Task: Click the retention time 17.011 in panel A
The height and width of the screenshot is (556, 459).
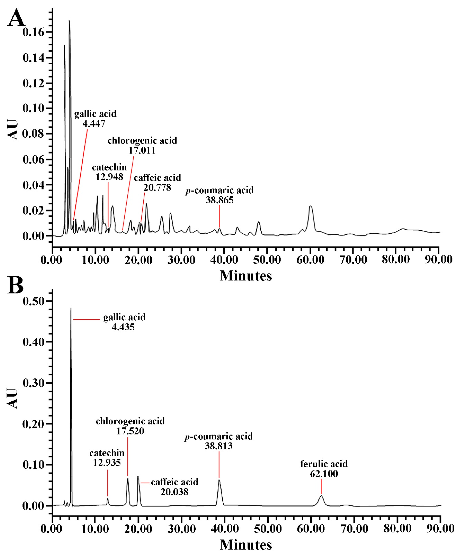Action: [x=142, y=150]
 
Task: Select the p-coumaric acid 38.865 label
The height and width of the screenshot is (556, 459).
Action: [x=219, y=195]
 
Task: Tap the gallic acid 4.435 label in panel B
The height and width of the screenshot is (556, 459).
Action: [x=124, y=322]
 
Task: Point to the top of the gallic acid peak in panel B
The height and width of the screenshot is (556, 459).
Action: [x=71, y=309]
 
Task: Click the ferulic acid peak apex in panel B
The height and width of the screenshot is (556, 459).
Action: [x=321, y=496]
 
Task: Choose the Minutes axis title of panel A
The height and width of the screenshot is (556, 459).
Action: [x=246, y=276]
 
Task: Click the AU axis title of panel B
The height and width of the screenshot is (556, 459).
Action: [x=12, y=399]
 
